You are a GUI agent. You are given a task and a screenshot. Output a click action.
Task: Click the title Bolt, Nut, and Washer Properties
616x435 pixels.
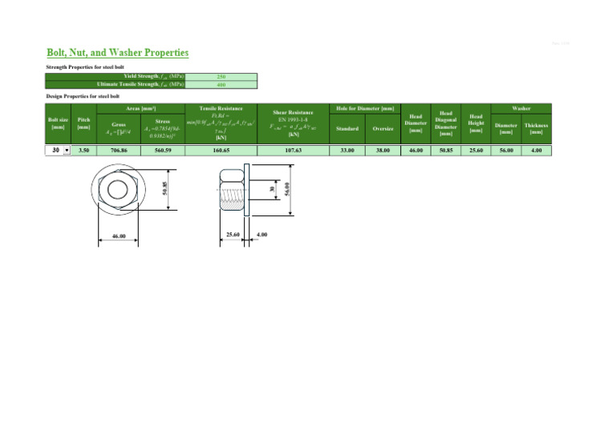pyautogui.click(x=117, y=53)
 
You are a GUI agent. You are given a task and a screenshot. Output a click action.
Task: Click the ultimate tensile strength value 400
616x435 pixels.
pyautogui.click(x=221, y=83)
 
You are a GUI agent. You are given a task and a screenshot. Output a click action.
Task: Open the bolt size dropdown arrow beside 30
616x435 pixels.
pyautogui.click(x=65, y=150)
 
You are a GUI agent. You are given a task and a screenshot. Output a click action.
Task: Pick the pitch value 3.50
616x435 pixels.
pyautogui.click(x=83, y=150)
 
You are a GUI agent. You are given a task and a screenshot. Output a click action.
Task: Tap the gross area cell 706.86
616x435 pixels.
pyautogui.click(x=120, y=150)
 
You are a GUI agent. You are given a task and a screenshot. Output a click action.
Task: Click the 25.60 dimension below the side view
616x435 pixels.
pyautogui.click(x=233, y=235)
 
